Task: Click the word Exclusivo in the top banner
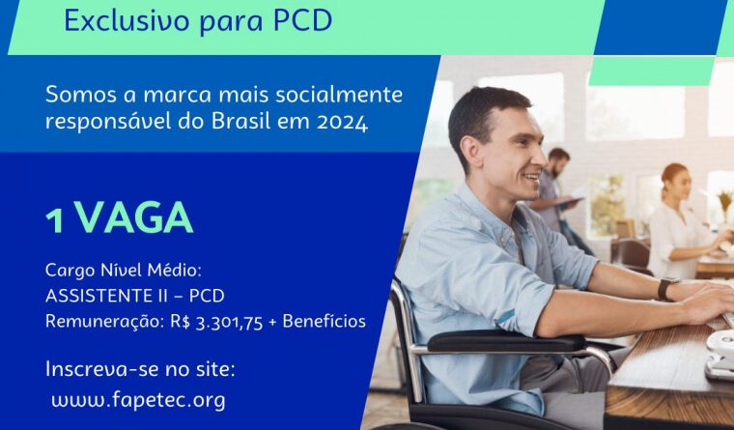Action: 127,19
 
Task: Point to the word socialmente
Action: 339,95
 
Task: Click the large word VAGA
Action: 134,217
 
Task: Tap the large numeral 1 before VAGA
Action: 54,220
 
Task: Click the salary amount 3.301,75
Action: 229,323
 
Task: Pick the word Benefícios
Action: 324,321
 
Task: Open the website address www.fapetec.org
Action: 138,401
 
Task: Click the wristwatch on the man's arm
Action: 667,288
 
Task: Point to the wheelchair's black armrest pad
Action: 506,341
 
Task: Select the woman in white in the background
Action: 681,220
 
